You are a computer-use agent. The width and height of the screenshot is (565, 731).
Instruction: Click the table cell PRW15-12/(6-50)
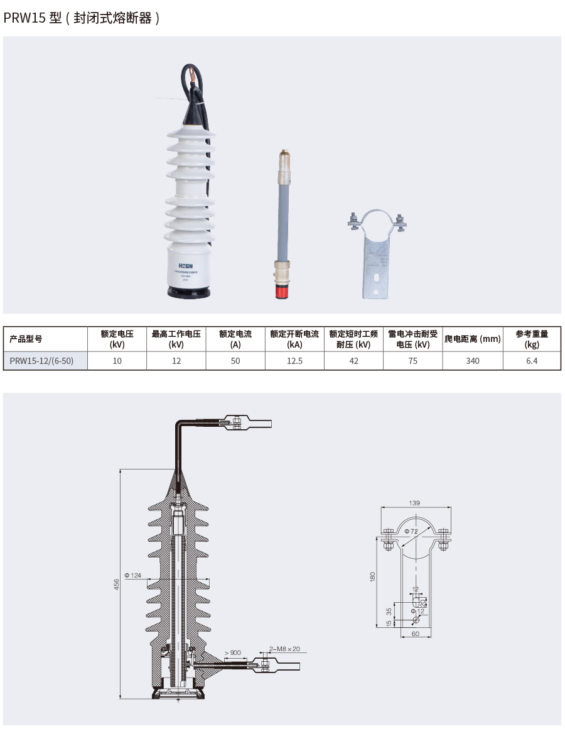(x=46, y=361)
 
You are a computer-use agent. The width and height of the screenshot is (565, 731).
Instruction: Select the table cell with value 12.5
(x=294, y=361)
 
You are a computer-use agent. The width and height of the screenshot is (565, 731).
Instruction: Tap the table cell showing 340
(x=472, y=361)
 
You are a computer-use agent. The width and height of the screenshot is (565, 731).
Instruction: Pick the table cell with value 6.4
(x=532, y=361)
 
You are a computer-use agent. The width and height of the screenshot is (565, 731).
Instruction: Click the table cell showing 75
(x=412, y=361)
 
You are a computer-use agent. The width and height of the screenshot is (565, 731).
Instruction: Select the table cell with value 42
(x=353, y=361)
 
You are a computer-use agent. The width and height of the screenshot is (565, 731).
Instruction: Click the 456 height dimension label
(x=116, y=584)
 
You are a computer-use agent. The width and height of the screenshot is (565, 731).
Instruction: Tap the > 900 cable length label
(x=232, y=653)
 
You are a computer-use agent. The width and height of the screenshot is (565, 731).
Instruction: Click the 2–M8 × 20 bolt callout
(x=284, y=649)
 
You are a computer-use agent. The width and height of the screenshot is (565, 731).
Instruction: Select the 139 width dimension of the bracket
(x=414, y=503)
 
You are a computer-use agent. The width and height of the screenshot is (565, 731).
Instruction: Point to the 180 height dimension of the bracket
(x=372, y=576)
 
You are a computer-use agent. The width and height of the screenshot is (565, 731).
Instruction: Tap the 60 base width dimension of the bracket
(x=415, y=634)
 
